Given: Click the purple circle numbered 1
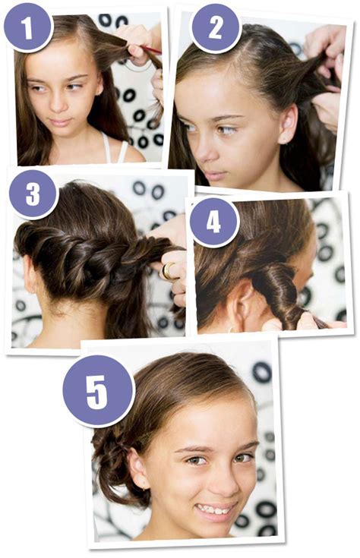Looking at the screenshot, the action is point(28,28).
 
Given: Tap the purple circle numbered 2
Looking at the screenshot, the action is point(216,29).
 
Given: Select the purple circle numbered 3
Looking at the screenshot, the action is point(33,194).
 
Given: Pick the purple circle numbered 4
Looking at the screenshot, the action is point(214,222).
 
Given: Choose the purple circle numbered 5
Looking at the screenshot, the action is point(98,391).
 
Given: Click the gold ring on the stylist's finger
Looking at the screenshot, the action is point(168,270).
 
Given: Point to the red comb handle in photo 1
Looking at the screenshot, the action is point(151,49).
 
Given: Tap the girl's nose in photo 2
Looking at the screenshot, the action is point(201,150).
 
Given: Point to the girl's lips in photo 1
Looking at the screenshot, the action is point(60,123).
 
